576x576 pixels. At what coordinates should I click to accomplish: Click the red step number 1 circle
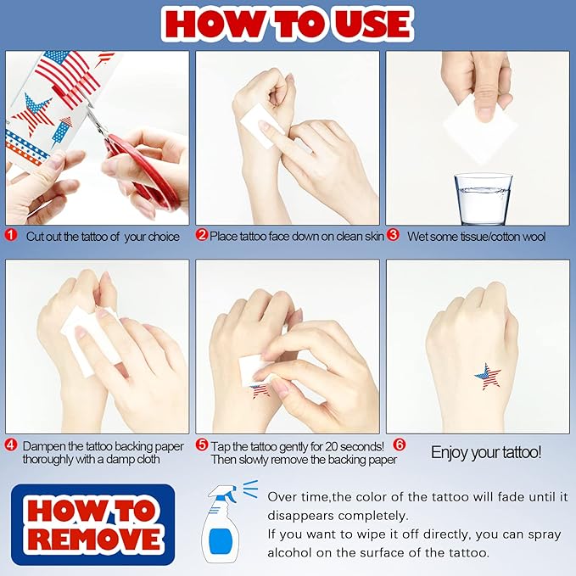(x=11, y=235)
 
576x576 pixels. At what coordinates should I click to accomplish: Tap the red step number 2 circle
(x=202, y=235)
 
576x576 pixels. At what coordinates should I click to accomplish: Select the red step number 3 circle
(x=393, y=235)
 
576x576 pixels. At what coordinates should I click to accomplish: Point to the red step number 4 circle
(x=11, y=445)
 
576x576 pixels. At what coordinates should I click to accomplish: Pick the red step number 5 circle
(x=202, y=445)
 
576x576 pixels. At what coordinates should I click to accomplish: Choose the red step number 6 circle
(x=400, y=445)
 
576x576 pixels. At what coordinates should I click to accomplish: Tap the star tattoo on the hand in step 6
(x=488, y=377)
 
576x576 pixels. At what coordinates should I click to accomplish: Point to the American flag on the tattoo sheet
(x=69, y=75)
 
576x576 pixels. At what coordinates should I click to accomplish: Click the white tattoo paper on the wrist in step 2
(x=261, y=126)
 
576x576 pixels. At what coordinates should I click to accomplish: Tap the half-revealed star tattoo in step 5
(x=260, y=391)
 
